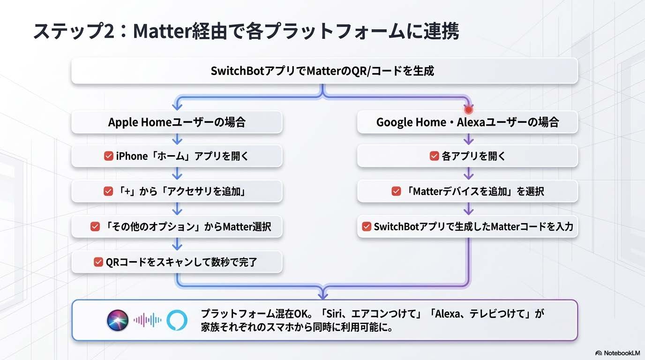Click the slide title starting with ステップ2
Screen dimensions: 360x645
tap(246, 31)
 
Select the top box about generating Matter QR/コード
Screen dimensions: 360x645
tap(324, 71)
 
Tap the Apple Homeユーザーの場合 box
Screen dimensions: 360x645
tap(177, 122)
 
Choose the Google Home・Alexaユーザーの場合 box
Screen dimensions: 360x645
tap(467, 122)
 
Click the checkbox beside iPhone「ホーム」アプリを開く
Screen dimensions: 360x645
tap(108, 157)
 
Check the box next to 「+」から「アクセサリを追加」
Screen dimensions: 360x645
tap(108, 191)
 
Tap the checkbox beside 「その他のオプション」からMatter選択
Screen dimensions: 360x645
tap(95, 227)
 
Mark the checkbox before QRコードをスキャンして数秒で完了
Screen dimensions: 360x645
tap(98, 262)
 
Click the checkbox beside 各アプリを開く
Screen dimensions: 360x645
tap(434, 157)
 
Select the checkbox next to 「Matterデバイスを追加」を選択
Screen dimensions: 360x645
tap(396, 191)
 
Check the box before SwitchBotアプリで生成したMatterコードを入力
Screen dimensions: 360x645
tap(367, 227)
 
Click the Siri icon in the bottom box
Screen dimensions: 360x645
tap(117, 321)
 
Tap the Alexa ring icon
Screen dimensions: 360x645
tap(177, 321)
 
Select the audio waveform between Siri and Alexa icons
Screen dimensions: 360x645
tap(147, 321)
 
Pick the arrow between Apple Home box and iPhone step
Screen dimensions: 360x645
tap(177, 139)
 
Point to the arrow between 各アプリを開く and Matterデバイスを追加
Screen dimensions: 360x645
tap(468, 174)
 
